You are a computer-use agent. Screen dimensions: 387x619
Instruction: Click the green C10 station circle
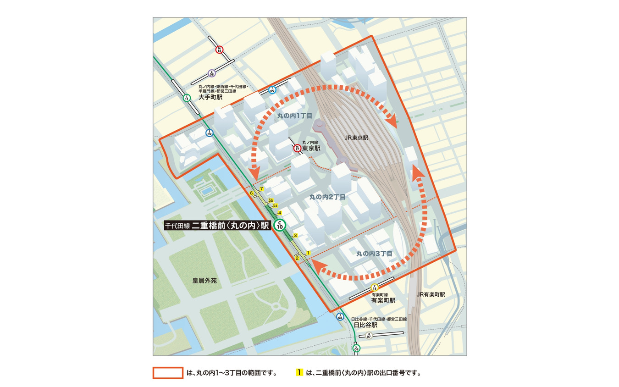pyautogui.click(x=280, y=225)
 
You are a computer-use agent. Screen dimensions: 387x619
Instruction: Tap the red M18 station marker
pyautogui.click(x=219, y=49)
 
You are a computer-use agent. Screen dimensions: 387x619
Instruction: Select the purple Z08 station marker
pyautogui.click(x=211, y=72)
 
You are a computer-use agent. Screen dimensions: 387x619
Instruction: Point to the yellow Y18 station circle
pyautogui.click(x=375, y=288)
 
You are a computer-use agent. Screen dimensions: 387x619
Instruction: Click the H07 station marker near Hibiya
pyautogui.click(x=368, y=336)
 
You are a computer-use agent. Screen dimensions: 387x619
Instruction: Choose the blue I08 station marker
pyautogui.click(x=340, y=316)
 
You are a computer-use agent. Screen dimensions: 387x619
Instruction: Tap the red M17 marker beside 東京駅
pyautogui.click(x=297, y=148)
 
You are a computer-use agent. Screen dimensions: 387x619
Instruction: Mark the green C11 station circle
pyautogui.click(x=187, y=98)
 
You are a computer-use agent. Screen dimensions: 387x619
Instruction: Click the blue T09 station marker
pyautogui.click(x=272, y=90)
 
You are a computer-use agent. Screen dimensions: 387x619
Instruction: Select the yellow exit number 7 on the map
pyautogui.click(x=261, y=189)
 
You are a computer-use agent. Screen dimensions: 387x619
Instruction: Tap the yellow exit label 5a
pyautogui.click(x=275, y=206)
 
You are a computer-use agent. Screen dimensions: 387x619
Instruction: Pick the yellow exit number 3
pyautogui.click(x=296, y=235)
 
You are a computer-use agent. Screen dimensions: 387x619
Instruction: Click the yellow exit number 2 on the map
pyautogui.click(x=297, y=259)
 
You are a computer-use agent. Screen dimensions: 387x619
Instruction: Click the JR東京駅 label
pyautogui.click(x=356, y=137)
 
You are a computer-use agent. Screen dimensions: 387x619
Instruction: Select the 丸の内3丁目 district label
pyautogui.click(x=374, y=253)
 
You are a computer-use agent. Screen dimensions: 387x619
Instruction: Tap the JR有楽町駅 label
pyautogui.click(x=431, y=295)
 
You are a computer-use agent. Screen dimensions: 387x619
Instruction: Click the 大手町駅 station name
pyautogui.click(x=210, y=97)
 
